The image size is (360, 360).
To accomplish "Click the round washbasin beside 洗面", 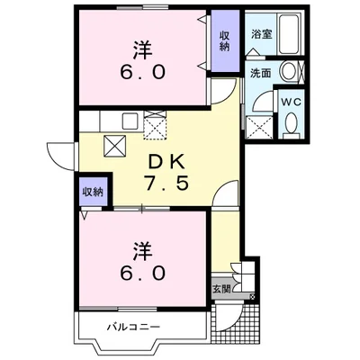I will [290, 73].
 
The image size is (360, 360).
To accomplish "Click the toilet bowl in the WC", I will [291, 125].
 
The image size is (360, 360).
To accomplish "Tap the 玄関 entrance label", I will [220, 290].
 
